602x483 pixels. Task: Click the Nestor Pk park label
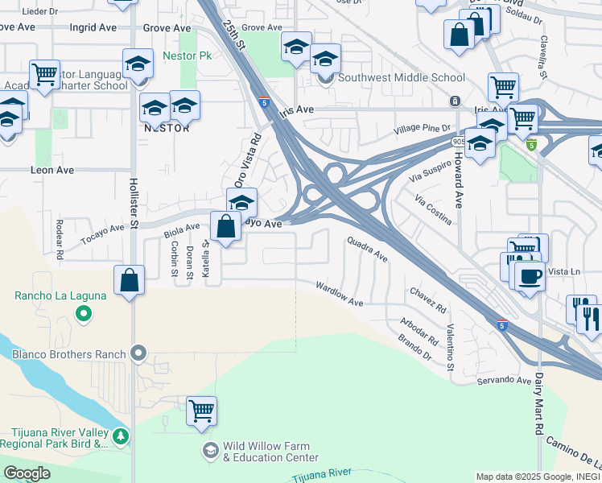coord(187,56)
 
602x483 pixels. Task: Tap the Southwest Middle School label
coord(401,78)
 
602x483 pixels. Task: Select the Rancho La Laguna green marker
coord(83,314)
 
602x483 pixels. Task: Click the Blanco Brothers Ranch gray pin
coord(139,353)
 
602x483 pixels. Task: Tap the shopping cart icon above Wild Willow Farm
coord(201,411)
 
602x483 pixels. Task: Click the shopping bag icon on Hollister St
coord(129,280)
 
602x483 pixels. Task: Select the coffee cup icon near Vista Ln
coord(529,276)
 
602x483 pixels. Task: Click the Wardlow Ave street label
coord(339,293)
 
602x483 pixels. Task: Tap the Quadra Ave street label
coord(368,249)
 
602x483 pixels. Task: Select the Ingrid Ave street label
coord(93,27)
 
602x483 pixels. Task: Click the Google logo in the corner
coord(27,473)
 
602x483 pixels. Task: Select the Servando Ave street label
coord(504,380)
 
